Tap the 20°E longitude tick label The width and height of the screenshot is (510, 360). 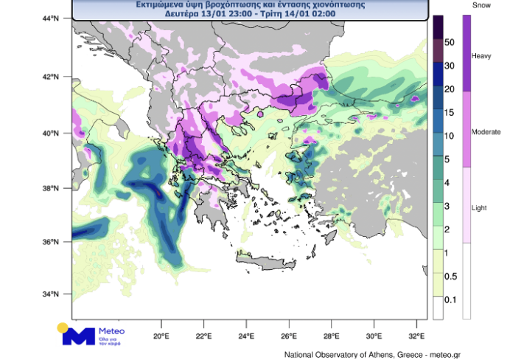pos(161,336)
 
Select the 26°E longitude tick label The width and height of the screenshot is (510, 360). pos(289,336)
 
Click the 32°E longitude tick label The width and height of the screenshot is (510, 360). pos(417,336)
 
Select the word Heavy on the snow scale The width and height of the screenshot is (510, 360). pos(481,57)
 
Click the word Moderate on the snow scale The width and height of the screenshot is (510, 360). pos(485,132)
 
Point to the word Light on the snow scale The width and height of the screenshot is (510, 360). pos(479,208)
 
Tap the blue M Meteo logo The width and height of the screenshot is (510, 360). pos(79,336)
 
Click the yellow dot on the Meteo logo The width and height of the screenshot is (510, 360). pos(63,327)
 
